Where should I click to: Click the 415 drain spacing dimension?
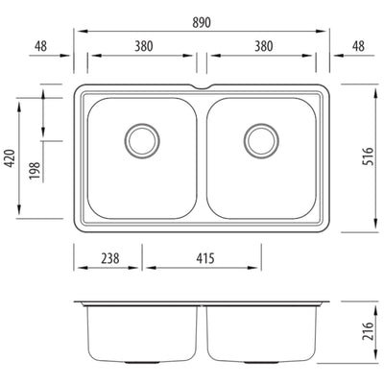[202, 258]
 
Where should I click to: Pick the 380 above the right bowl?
[263, 45]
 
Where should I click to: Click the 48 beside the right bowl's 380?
[357, 45]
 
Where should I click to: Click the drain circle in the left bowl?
[142, 140]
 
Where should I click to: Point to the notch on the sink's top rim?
[203, 88]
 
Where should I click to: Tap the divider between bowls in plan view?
[203, 158]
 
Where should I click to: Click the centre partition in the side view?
[203, 331]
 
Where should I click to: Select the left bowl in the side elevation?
[144, 331]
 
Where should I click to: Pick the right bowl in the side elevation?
[261, 331]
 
